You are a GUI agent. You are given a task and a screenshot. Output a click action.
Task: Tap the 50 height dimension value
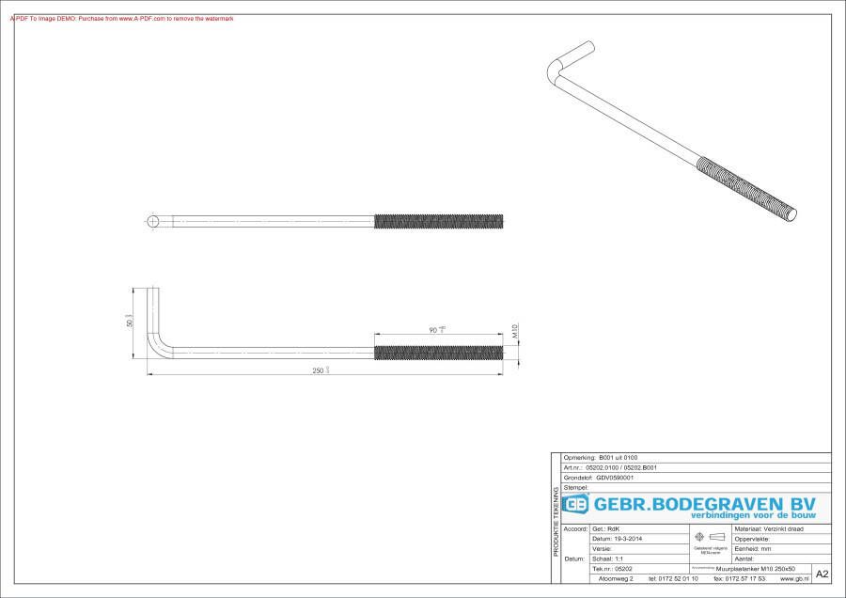click(x=130, y=322)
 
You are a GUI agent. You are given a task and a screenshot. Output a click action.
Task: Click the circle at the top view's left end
click(x=153, y=221)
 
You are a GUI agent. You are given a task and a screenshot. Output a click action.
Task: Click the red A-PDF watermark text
click(x=122, y=19)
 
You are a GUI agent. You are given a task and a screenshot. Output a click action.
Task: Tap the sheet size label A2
click(x=822, y=574)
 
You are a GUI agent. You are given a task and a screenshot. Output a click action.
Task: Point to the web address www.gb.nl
click(x=795, y=578)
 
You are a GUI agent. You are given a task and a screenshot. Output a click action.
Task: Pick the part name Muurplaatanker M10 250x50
click(x=755, y=569)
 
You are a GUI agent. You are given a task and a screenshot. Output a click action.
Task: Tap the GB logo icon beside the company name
click(x=576, y=505)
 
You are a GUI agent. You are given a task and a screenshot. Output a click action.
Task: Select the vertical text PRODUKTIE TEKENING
click(x=556, y=522)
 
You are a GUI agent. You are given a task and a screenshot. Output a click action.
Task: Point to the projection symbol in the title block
click(x=710, y=538)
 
